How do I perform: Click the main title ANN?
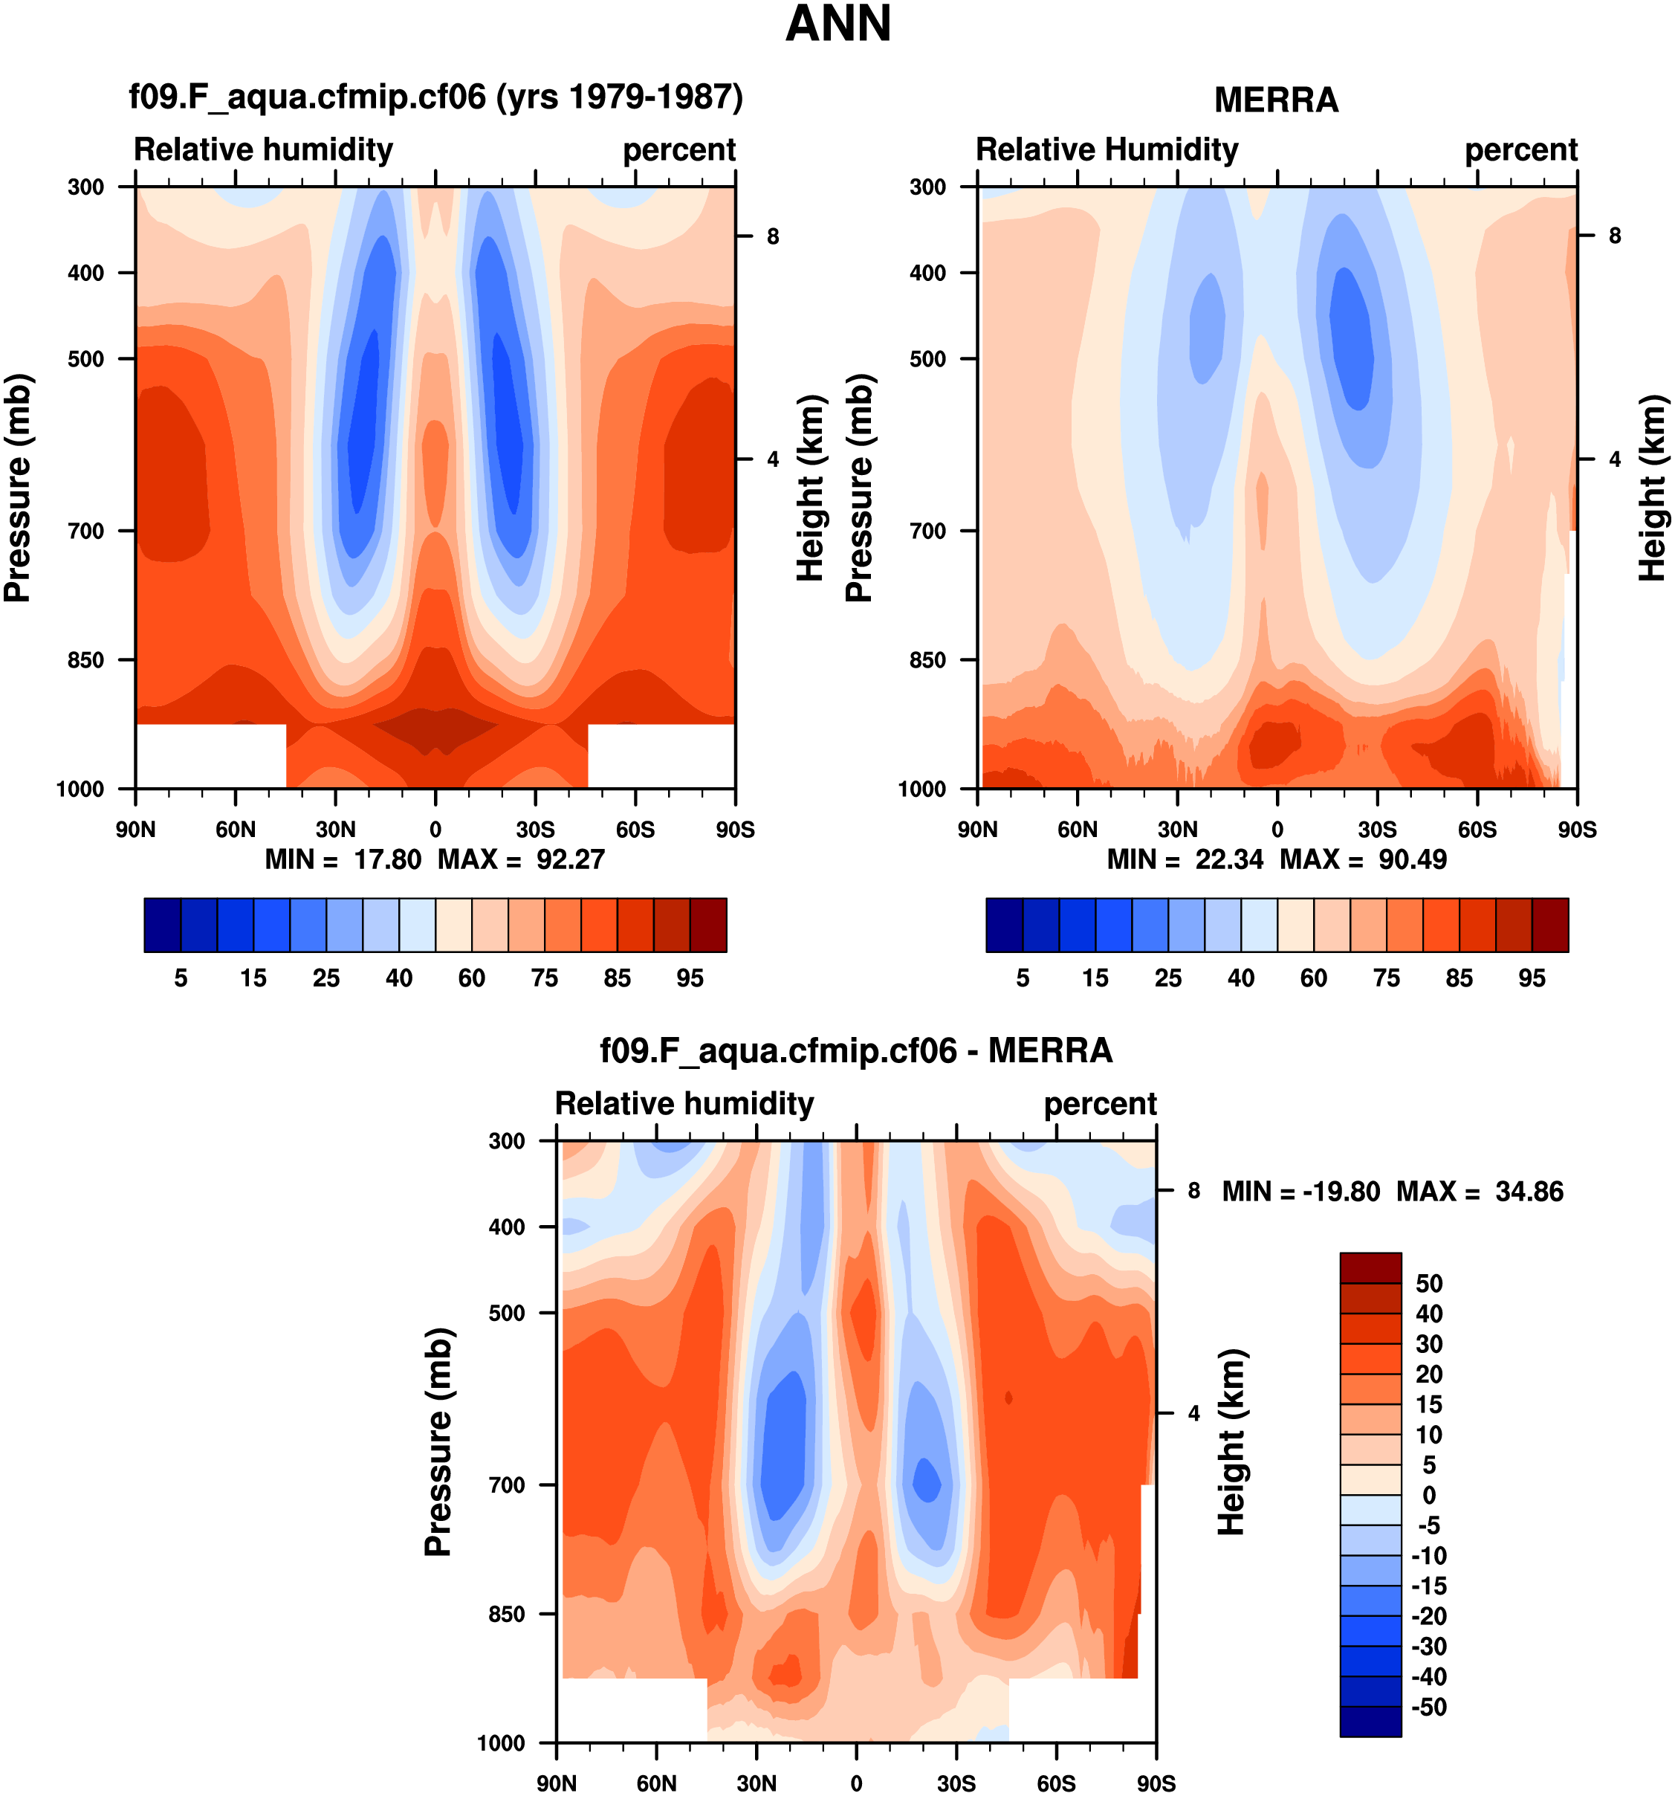coord(838,25)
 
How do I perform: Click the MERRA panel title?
coord(1275,100)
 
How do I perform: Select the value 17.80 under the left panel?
coord(387,859)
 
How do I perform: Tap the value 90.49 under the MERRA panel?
coord(1412,859)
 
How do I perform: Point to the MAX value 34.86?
coord(1529,1192)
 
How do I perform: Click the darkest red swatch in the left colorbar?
coord(708,925)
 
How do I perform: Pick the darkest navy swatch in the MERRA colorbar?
coord(1004,925)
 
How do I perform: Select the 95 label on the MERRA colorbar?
coord(1532,978)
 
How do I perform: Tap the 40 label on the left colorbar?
coord(399,978)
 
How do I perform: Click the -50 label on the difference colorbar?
coord(1428,1707)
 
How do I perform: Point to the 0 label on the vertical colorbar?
coord(1428,1495)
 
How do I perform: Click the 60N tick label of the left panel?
coord(236,830)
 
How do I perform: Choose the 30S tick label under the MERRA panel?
coord(1377,830)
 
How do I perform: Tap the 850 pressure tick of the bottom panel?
coord(507,1614)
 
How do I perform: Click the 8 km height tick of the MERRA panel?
coord(1615,236)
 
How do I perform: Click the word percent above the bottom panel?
coord(1100,1104)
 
